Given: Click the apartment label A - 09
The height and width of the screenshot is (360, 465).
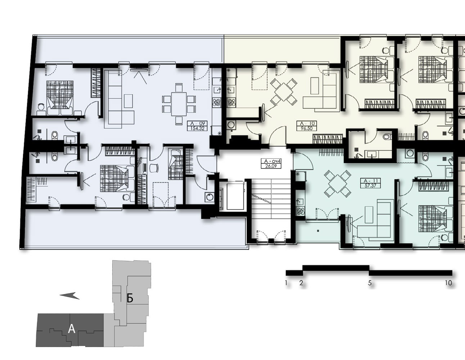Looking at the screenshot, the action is pos(197,123).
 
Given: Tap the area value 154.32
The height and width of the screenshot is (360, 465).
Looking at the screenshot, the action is pos(197,129).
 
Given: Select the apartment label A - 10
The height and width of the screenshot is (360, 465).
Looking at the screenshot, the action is pos(307,123).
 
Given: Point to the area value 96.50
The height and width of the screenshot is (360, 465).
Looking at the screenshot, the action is pos(307,129).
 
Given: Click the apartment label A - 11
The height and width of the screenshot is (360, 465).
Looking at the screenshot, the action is pos(370,181).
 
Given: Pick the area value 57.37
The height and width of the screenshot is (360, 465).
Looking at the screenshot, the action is pos(370,185).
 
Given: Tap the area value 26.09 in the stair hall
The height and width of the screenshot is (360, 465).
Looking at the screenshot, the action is pos(271,166).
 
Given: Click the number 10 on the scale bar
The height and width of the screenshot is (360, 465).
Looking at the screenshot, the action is pos(448,283).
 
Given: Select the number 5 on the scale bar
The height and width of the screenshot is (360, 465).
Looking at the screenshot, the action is pos(370,283).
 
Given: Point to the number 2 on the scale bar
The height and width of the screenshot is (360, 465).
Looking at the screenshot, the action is pos(301,283).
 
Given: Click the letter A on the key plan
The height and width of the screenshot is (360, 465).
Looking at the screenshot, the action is pos(72,329).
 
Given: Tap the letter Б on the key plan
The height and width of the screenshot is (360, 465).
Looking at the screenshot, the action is pos(130,298).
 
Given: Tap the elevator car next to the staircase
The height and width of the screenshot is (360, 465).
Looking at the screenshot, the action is pos(235,196).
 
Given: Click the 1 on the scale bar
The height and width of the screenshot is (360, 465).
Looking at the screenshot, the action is pos(286,283).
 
